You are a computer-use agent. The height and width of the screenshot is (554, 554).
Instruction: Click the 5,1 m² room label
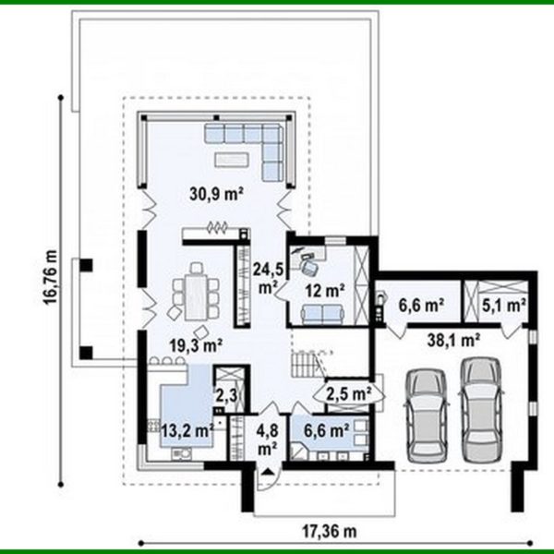(504, 302)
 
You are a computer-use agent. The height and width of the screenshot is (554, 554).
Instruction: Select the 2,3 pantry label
(225, 396)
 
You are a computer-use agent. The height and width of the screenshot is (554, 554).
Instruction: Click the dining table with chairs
(196, 292)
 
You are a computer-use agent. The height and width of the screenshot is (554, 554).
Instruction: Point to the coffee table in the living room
(227, 160)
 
